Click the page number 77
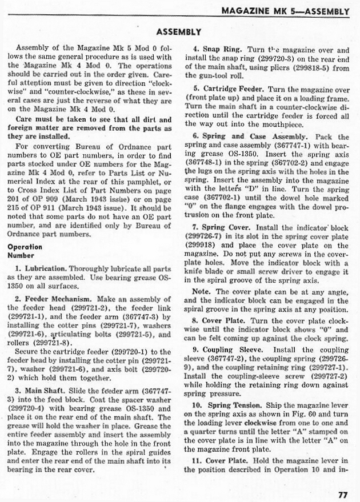[x=342, y=495]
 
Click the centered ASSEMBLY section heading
[x=179, y=32]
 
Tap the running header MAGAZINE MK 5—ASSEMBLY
[x=285, y=10]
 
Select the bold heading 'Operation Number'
[x=25, y=251]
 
